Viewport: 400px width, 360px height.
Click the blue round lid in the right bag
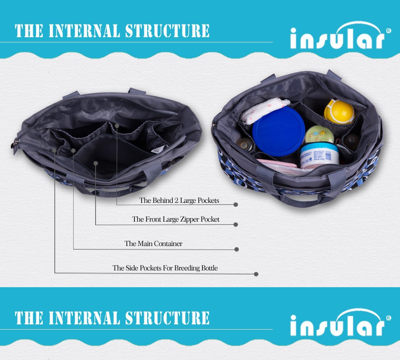[278, 131]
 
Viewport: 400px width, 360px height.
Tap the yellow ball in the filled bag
[339, 112]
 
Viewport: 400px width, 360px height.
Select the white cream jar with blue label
[319, 155]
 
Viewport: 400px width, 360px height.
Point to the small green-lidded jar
[319, 134]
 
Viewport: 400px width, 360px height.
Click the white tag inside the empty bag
[158, 149]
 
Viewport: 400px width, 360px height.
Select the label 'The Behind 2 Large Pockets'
[179, 200]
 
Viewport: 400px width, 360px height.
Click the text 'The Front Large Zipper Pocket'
[176, 220]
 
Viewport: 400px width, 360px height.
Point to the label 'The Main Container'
[153, 244]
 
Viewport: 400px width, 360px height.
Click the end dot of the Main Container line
[236, 249]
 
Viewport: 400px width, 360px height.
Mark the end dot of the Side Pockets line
[256, 274]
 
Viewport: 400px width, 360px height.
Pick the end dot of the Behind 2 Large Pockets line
[236, 205]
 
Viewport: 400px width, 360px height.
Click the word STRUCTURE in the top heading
[167, 31]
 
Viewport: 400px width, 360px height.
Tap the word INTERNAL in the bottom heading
[84, 318]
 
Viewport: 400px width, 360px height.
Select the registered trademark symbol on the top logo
[388, 31]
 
